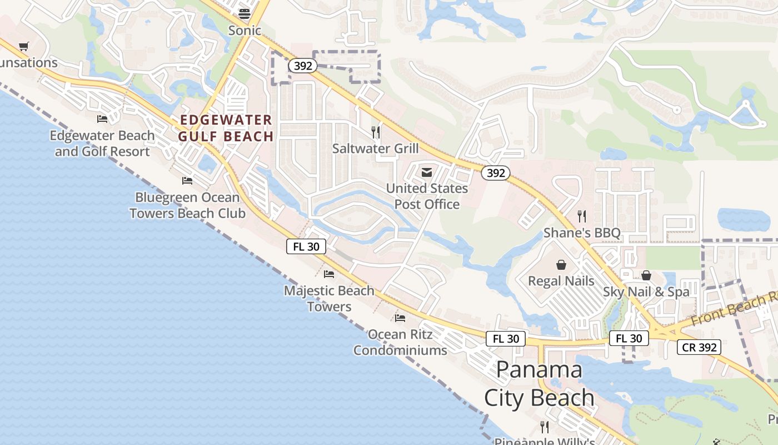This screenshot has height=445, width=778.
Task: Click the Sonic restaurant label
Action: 245,31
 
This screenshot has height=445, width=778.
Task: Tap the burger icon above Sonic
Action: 245,13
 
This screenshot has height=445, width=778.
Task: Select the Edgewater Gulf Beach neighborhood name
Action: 226,128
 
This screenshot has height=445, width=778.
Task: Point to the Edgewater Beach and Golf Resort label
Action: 102,144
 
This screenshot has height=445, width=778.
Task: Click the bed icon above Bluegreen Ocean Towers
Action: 187,181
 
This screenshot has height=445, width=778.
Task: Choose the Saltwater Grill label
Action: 376,149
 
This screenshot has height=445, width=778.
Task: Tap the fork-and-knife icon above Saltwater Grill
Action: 376,132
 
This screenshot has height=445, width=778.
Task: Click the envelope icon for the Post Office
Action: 427,172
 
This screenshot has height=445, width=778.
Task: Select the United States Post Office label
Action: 427,196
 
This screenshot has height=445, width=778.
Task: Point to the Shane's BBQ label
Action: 582,233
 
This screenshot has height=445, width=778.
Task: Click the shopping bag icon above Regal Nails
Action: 561,265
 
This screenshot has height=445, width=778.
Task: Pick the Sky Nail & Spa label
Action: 646,291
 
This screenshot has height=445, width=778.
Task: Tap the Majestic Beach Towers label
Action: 329,299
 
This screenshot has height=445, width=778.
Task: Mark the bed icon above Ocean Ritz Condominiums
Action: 400,318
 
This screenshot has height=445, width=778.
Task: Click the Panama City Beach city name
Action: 539,384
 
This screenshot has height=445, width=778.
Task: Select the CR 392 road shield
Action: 699,348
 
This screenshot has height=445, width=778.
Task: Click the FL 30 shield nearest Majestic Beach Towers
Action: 306,246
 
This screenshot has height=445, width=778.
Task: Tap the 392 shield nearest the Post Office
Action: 495,173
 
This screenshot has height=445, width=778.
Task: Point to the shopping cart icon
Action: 23,47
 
